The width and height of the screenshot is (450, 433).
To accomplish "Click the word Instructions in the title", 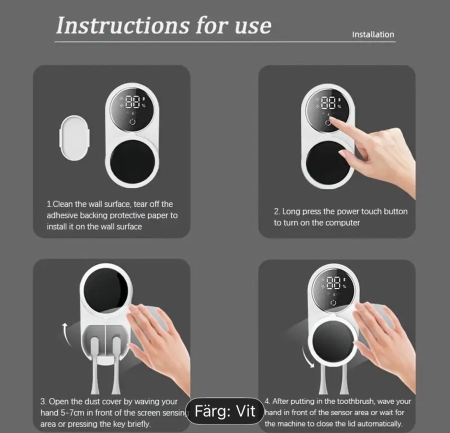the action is (x=122, y=25).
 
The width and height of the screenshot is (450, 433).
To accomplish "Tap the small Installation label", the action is (x=373, y=34).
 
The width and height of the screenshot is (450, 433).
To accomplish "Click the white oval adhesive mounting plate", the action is (x=74, y=138).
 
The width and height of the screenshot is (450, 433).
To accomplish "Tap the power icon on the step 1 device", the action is (x=132, y=121).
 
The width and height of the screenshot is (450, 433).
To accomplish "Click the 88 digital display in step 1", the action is (x=132, y=102).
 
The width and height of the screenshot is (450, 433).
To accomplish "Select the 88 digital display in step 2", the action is (x=328, y=102).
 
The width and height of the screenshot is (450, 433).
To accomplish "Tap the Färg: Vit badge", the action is (x=224, y=411).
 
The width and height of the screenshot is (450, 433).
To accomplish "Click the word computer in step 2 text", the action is (x=342, y=222).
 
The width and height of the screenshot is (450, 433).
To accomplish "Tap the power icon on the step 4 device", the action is (x=333, y=302).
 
